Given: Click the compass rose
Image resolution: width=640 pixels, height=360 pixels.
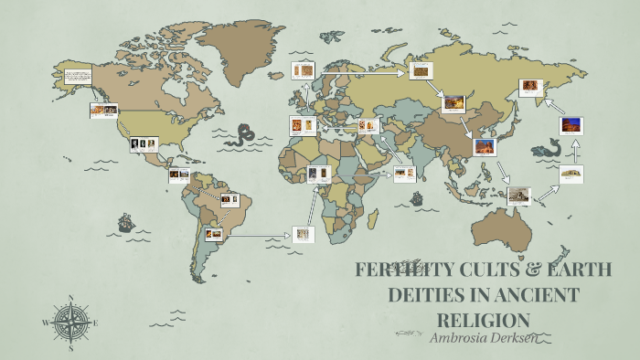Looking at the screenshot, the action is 70,322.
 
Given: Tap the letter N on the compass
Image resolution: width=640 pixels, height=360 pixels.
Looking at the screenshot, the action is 71,298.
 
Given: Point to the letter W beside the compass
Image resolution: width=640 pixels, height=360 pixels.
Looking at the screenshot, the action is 46,323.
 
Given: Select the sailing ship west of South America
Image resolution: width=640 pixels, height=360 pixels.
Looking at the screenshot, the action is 126,222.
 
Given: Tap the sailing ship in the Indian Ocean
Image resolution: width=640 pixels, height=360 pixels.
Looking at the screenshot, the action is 417,197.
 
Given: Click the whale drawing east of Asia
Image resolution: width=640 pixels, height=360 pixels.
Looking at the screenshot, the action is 547,148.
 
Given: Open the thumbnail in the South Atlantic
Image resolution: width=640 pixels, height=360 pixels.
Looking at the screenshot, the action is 303,234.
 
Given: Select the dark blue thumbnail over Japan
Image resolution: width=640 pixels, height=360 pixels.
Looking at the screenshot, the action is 571,123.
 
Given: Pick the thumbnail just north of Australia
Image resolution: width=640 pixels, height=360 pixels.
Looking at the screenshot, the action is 518,193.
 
